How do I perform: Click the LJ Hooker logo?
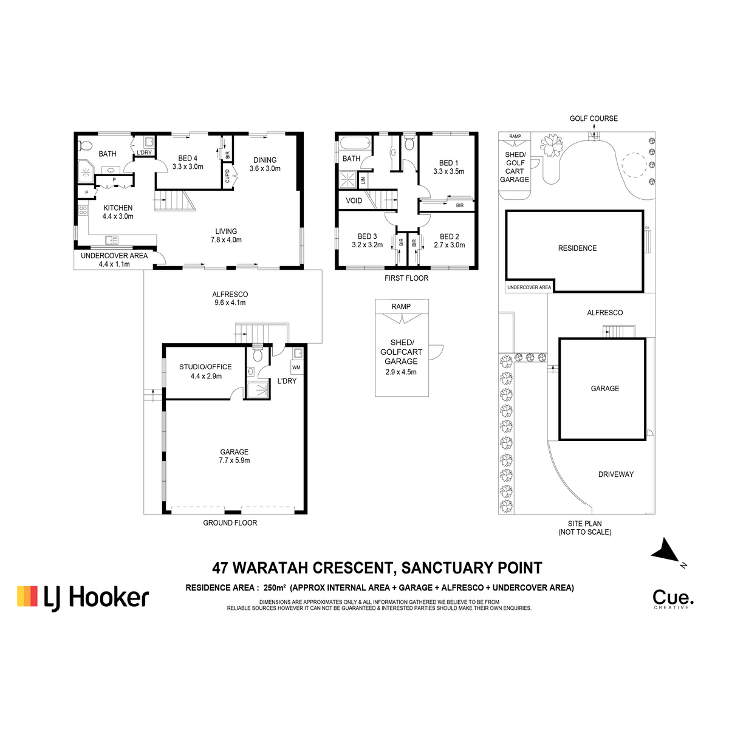pyautogui.click(x=83, y=598)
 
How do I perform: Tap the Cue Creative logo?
pyautogui.click(x=673, y=600)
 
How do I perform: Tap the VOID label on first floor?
pyautogui.click(x=354, y=200)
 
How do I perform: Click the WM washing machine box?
pyautogui.click(x=296, y=368)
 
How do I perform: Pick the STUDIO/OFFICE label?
pyautogui.click(x=205, y=366)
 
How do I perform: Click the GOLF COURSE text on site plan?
pyautogui.click(x=594, y=118)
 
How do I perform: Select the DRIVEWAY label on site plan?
pyautogui.click(x=615, y=474)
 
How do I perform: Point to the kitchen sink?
pyautogui.click(x=112, y=240)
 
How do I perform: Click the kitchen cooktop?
pyautogui.click(x=83, y=210)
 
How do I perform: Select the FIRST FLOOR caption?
pyautogui.click(x=406, y=278)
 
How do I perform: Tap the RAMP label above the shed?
pyautogui.click(x=401, y=306)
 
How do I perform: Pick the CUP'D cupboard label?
pyautogui.click(x=227, y=176)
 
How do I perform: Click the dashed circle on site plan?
pyautogui.click(x=634, y=165)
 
